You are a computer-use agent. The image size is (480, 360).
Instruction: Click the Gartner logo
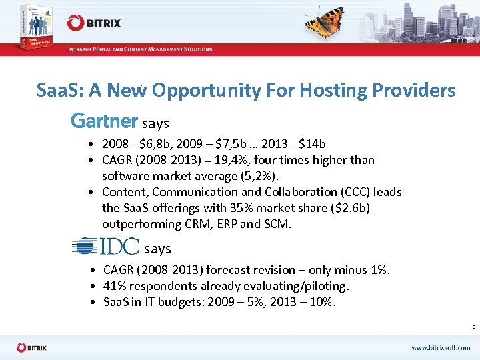(104, 121)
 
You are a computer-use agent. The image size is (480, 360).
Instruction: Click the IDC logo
(105, 247)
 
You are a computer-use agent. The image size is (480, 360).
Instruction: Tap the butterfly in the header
(325, 23)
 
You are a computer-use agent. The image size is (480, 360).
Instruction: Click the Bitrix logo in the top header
(93, 23)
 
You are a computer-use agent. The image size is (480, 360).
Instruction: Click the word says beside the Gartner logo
(155, 123)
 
